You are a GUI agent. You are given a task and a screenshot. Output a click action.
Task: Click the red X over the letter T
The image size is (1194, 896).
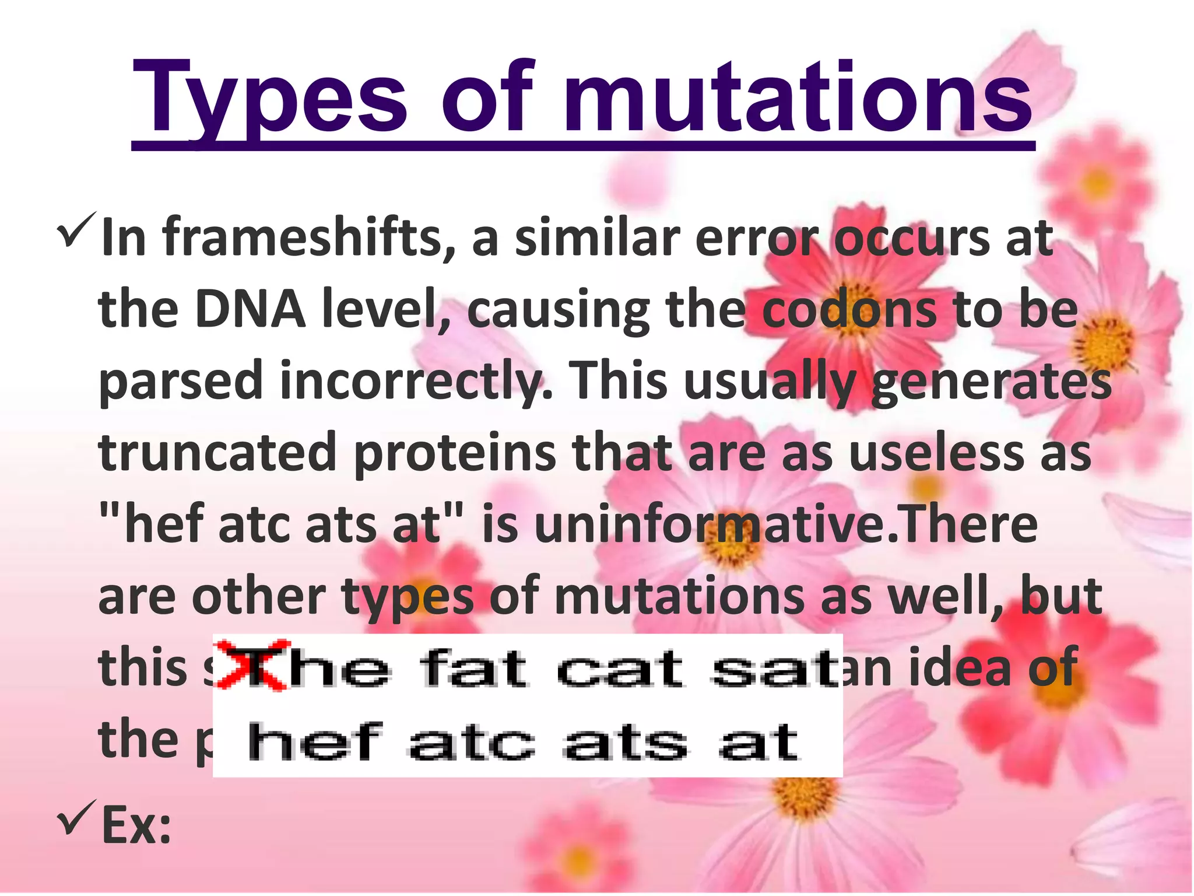tap(251, 665)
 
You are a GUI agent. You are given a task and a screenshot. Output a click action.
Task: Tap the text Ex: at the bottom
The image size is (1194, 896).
tap(136, 825)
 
